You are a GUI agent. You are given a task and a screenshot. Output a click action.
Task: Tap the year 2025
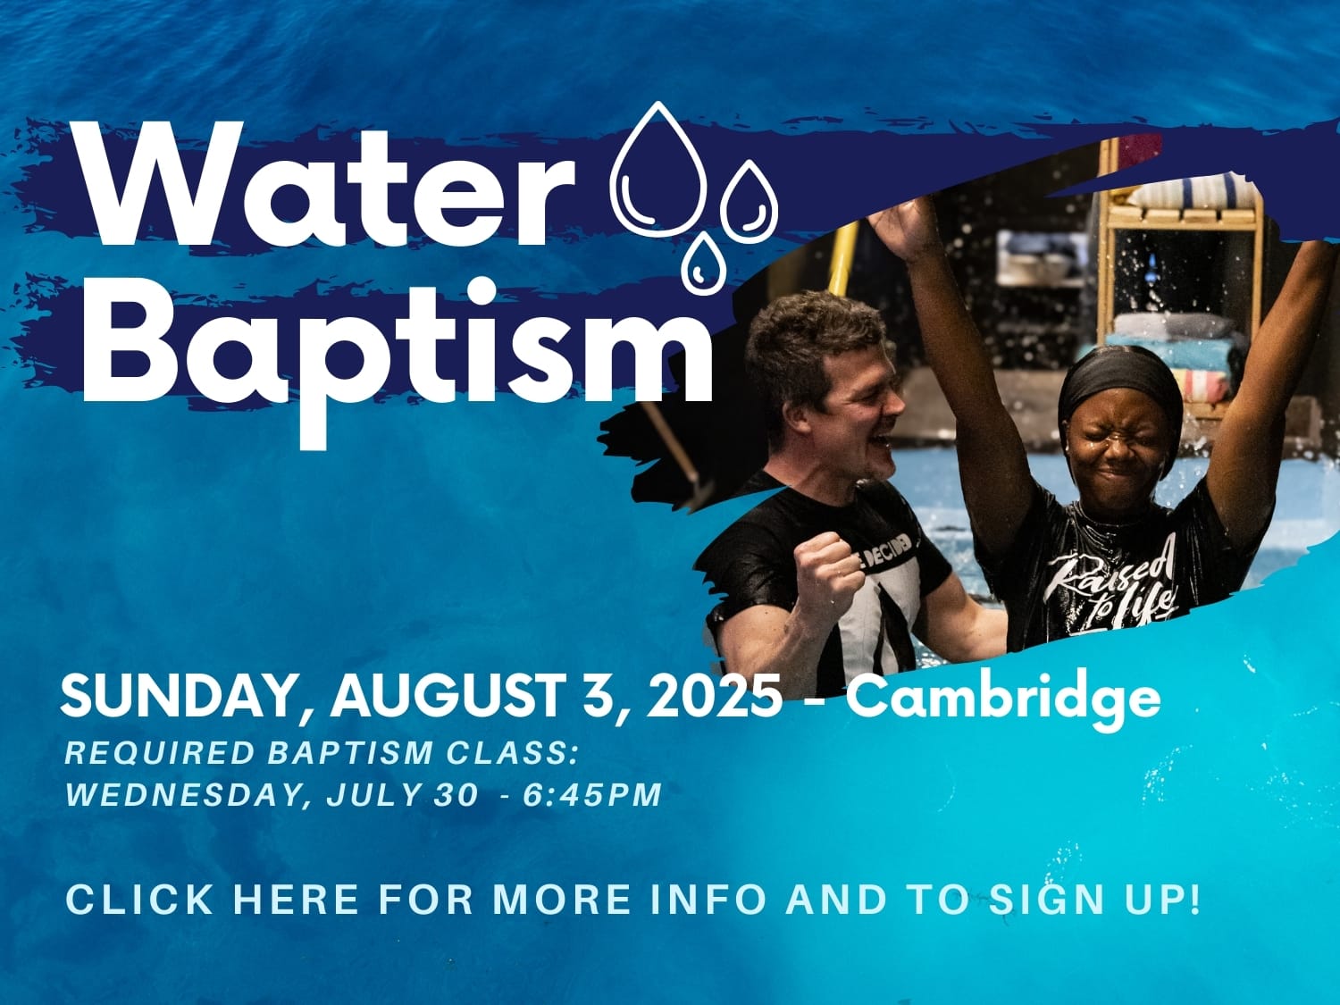tap(714, 696)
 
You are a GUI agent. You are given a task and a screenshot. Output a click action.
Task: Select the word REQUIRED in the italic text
tap(159, 752)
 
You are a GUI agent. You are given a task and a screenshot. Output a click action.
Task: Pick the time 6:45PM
tap(592, 795)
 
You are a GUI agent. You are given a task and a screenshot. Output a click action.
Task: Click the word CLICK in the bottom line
tap(139, 900)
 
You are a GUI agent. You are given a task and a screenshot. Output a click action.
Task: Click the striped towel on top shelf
tap(1193, 190)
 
